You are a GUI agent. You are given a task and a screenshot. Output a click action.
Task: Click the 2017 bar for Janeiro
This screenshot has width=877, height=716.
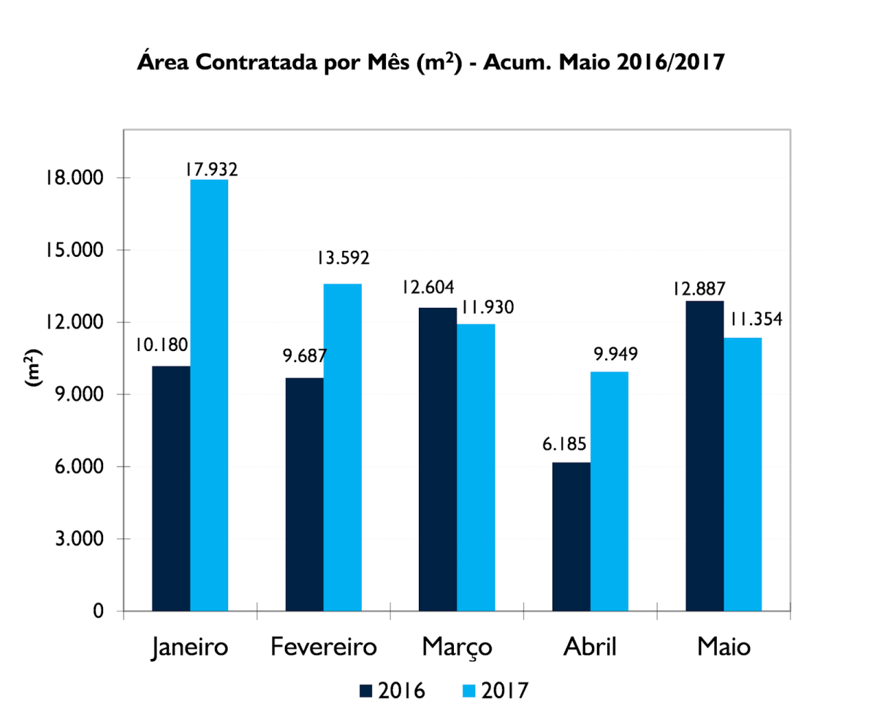(209, 395)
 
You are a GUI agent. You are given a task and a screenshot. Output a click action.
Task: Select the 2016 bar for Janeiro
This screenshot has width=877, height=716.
(171, 488)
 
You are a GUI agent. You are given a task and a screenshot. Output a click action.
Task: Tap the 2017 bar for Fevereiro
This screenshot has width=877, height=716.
(342, 447)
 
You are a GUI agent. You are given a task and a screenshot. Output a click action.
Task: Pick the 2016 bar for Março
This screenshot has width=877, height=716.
(437, 459)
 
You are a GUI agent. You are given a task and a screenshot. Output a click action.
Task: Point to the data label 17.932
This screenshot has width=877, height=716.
(210, 169)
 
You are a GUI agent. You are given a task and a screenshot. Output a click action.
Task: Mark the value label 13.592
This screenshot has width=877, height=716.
(343, 258)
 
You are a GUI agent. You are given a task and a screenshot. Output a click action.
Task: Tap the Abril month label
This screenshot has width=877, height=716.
(590, 648)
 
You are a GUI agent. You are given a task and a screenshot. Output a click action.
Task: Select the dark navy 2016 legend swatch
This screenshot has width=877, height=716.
(366, 690)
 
